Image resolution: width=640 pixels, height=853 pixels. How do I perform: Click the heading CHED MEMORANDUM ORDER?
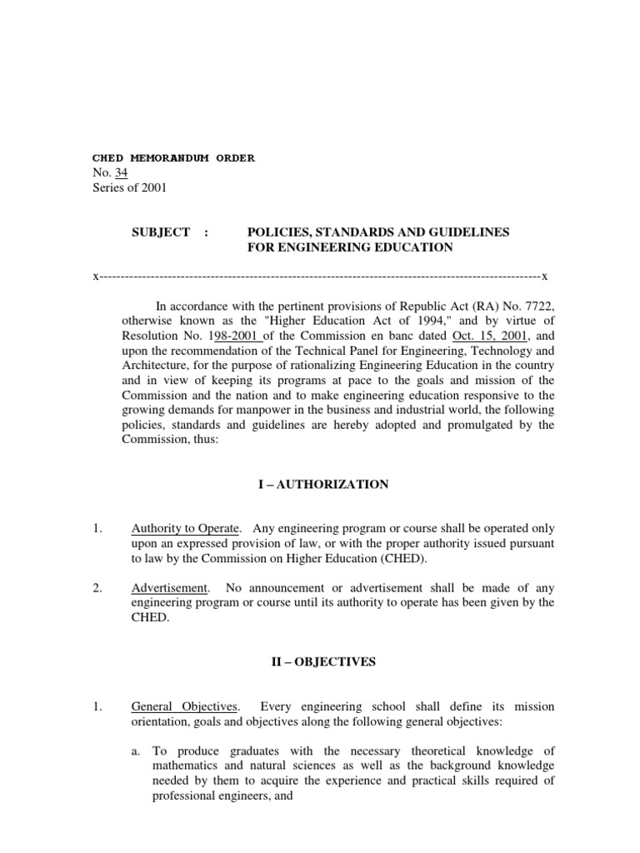tap(173, 157)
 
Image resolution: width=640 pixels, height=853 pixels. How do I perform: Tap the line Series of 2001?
tap(129, 187)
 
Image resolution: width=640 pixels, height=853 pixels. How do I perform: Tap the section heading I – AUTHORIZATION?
tap(326, 485)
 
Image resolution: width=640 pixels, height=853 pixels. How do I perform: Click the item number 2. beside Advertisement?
tap(97, 588)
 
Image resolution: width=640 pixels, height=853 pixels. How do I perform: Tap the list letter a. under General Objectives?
tap(137, 751)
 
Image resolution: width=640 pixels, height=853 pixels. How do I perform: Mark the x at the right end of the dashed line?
tap(544, 276)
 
